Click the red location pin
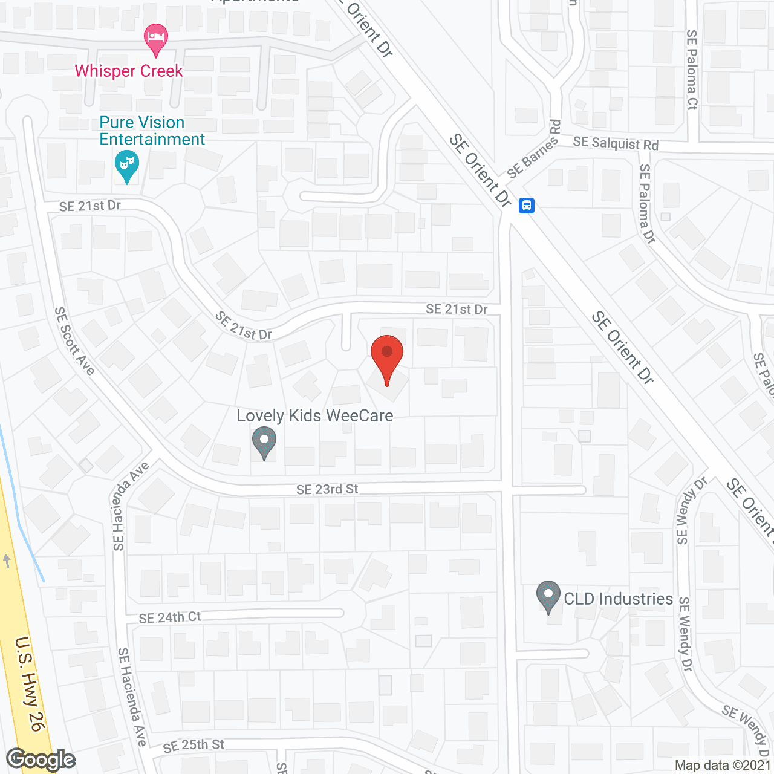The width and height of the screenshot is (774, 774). coord(387,357)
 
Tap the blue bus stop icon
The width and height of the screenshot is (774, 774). coord(527,206)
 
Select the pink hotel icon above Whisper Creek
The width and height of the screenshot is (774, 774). coord(156,39)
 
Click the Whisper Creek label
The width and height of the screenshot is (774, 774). coord(129,71)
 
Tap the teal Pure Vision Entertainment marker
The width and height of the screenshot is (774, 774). coord(127,166)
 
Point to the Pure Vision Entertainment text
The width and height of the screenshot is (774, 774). coord(152,131)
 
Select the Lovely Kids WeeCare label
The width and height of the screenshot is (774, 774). coord(315,416)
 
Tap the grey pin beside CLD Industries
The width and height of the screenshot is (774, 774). coord(548,596)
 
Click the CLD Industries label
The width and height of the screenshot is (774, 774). coord(618,599)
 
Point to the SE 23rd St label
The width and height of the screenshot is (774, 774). coord(327,489)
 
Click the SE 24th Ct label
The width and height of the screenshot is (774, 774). coord(169,617)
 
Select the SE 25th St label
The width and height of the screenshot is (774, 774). coord(193,746)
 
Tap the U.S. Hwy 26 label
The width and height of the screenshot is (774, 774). coord(30,683)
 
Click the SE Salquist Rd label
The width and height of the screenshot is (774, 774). coord(616,143)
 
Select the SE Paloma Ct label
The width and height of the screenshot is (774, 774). coord(692,70)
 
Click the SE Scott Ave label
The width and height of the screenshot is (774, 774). coord(74,341)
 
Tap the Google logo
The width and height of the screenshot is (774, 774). coord(41,759)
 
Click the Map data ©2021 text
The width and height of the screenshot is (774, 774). coord(722,765)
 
